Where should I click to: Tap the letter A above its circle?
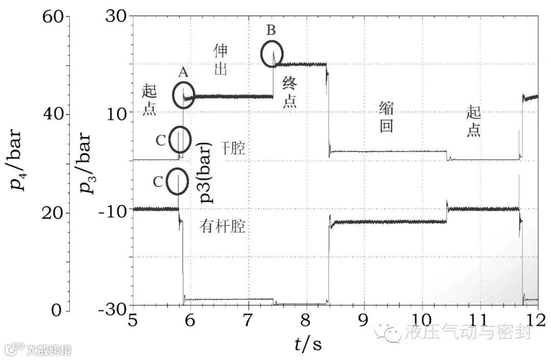click(x=183, y=73)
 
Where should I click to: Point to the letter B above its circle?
click(x=271, y=31)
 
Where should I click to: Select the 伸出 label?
click(x=220, y=59)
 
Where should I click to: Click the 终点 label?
click(x=289, y=92)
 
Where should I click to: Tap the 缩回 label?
click(x=386, y=117)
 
